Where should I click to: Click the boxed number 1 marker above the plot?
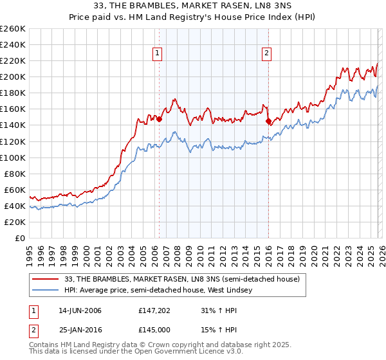tap(158, 54)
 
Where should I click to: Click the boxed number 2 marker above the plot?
tap(266, 54)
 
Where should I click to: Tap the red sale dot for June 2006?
tap(159, 119)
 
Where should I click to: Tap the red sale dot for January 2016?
tap(268, 121)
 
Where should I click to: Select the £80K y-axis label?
tap(15, 174)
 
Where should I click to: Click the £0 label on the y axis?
tap(21, 238)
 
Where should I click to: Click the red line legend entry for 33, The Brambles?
tap(182, 279)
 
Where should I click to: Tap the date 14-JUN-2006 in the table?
tap(80, 310)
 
